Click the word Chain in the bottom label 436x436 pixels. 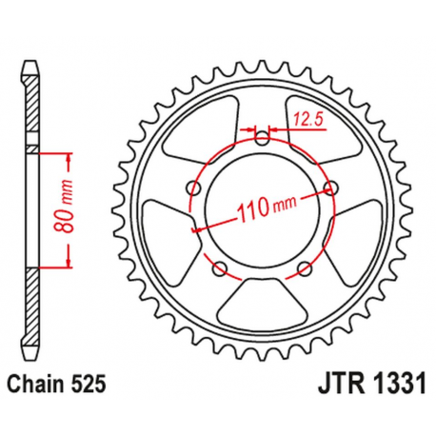tap(36, 386)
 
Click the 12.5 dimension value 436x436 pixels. tap(306, 119)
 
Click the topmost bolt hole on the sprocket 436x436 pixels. tap(263, 136)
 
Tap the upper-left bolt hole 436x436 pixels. tap(195, 186)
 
